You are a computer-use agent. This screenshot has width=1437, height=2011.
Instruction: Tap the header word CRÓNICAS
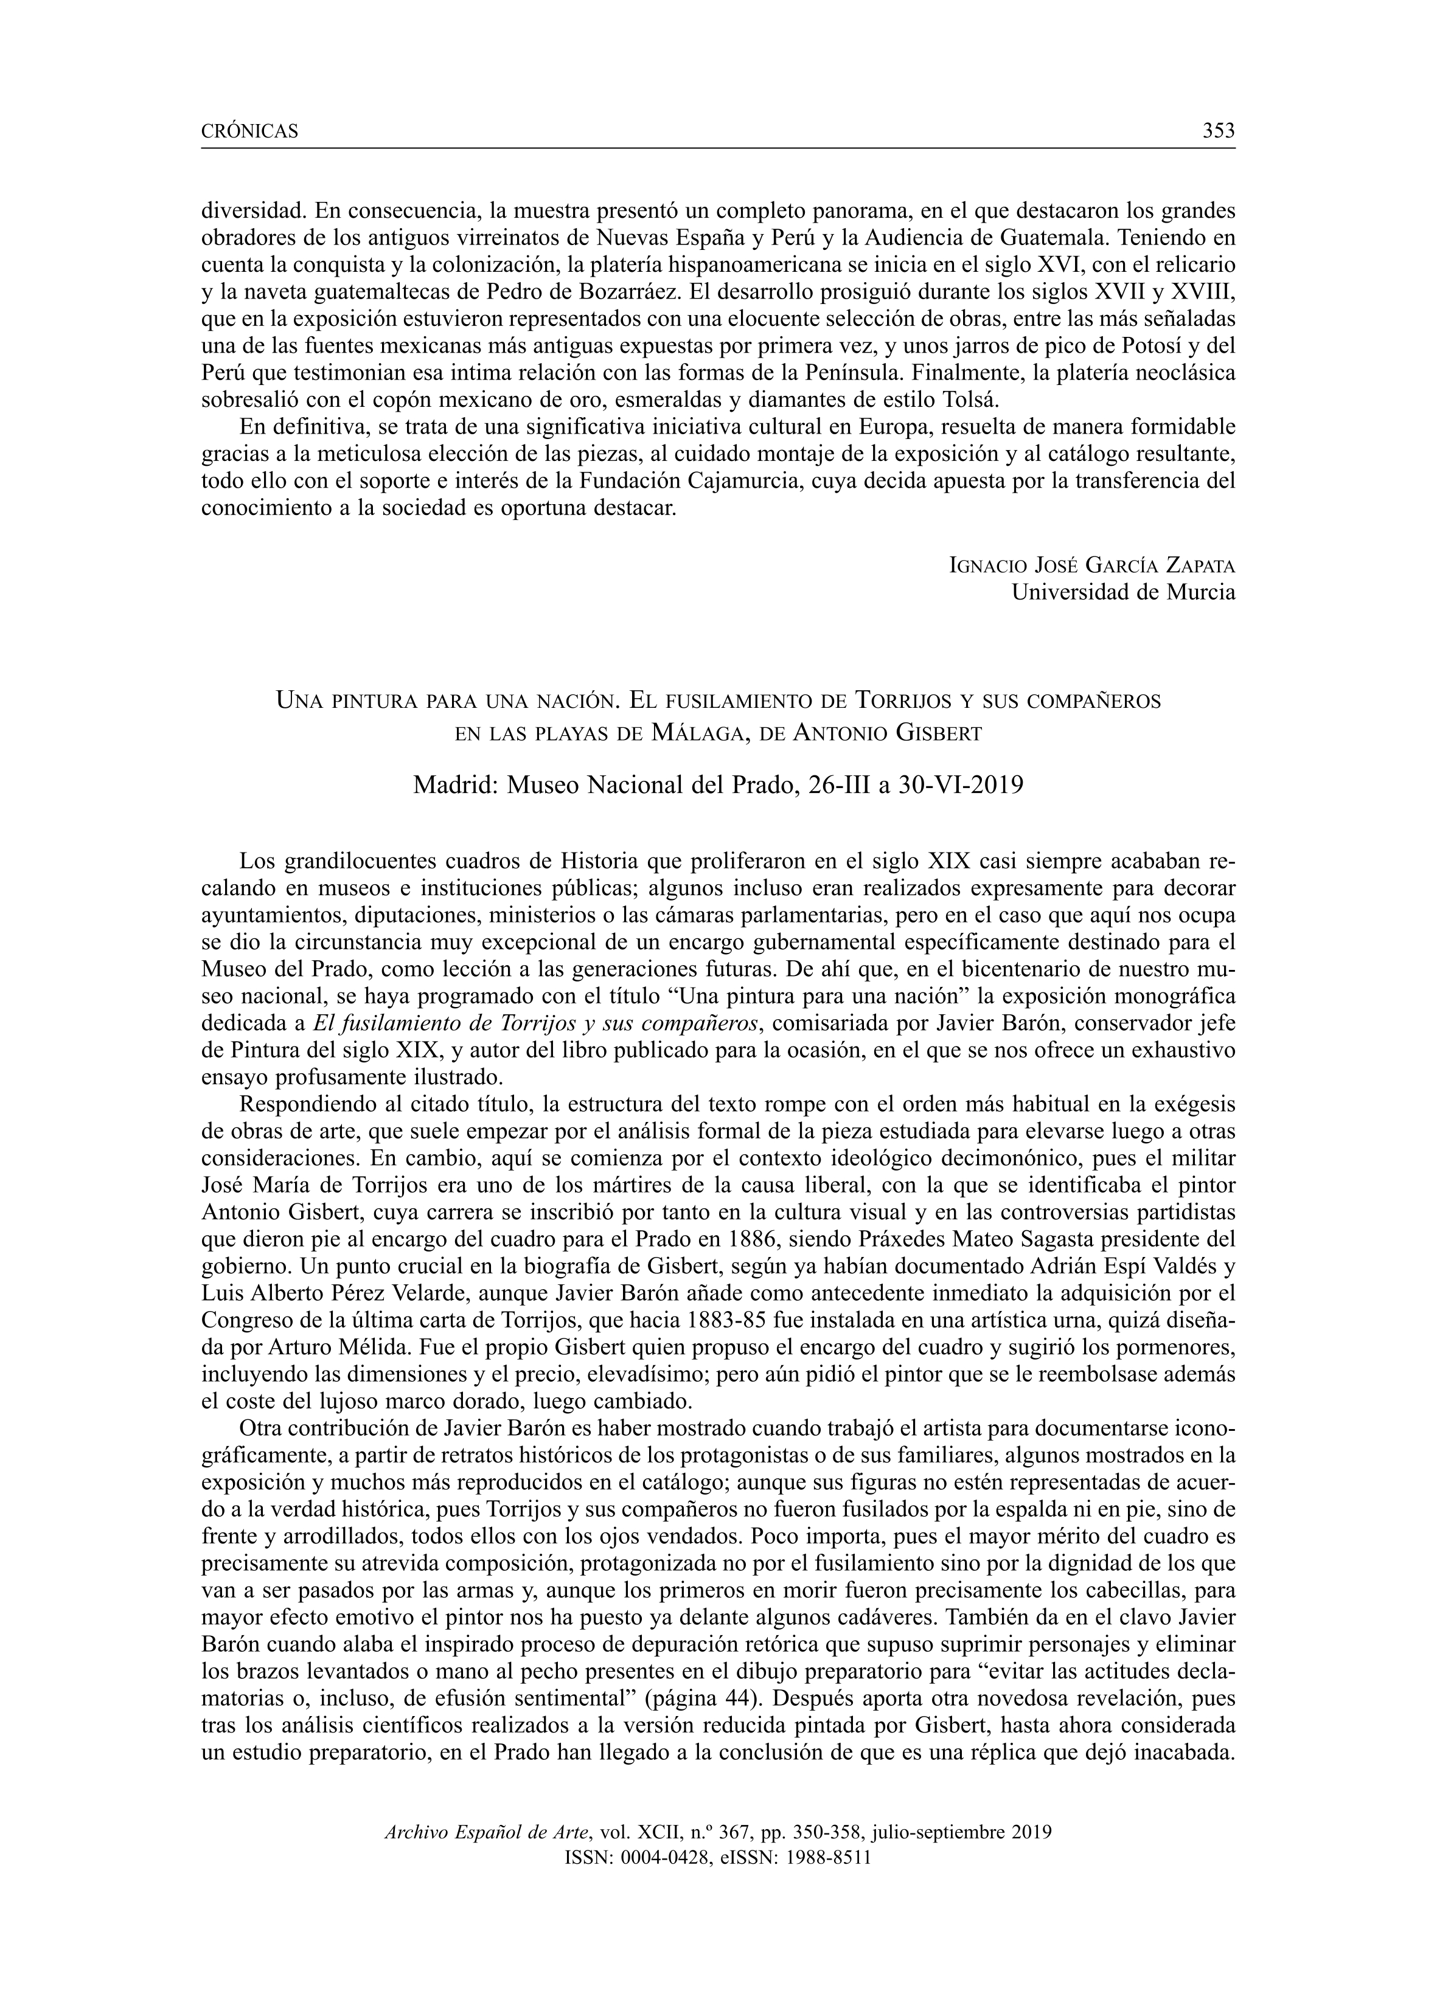[x=251, y=133]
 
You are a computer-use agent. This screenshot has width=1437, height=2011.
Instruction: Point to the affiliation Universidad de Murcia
[x=1123, y=592]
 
